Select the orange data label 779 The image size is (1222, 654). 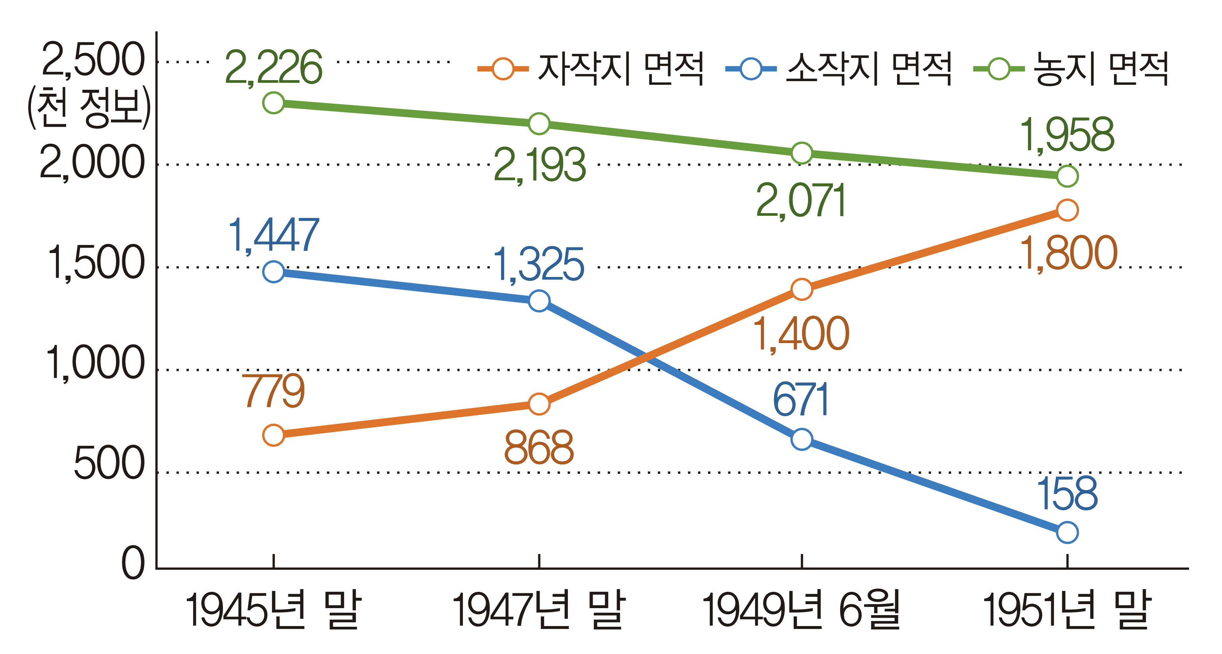[x=274, y=391]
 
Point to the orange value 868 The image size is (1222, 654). [x=539, y=447]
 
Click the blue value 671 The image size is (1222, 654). [x=801, y=400]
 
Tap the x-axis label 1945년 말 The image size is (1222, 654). [x=274, y=609]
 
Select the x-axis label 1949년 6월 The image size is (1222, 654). [x=801, y=609]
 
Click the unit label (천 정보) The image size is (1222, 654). [x=89, y=108]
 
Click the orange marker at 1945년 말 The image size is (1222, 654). [x=274, y=435]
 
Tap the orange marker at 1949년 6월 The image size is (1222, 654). [x=802, y=289]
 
